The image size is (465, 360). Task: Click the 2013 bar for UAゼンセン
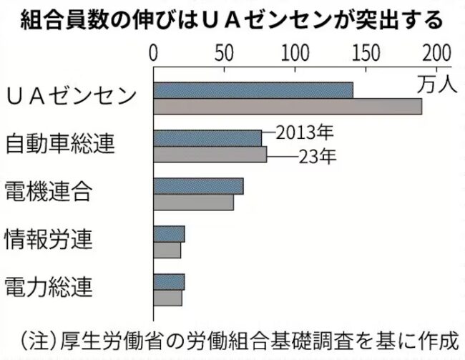253,90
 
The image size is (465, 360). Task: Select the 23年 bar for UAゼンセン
287,107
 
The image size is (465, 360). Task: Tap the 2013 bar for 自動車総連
207,138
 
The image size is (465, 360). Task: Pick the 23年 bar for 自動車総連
210,155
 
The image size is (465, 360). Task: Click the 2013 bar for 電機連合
198,186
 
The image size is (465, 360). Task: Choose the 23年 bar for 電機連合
193,203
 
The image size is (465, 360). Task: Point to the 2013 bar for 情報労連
169,234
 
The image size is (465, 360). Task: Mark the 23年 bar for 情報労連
167,250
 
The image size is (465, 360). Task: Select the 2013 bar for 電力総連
169,282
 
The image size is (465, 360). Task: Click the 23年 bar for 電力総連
167,298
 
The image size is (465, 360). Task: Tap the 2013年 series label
305,132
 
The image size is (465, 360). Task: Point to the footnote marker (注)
38,336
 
